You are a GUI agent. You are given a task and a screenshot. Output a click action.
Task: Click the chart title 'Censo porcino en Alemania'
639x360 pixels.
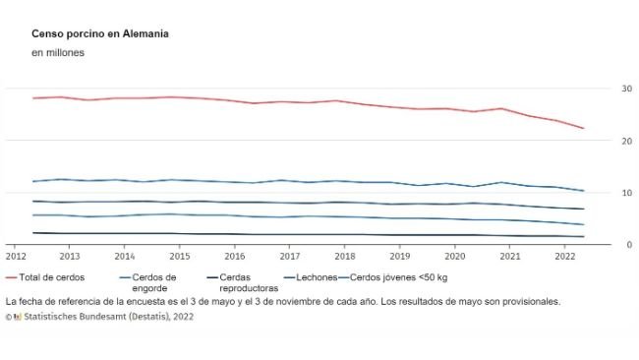click(x=99, y=33)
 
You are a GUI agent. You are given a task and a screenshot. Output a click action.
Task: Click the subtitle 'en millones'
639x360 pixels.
click(x=58, y=53)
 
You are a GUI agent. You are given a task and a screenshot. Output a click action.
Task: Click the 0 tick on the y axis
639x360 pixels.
click(x=629, y=245)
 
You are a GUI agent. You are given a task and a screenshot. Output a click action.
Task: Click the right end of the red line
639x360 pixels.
click(x=584, y=129)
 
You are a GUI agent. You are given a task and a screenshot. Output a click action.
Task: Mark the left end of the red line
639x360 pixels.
click(x=33, y=98)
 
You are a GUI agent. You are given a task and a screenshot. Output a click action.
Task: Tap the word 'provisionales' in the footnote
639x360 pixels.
click(x=527, y=302)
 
